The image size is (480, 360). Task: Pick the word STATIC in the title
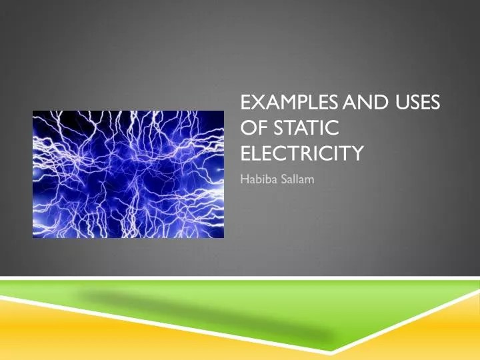pos(303,129)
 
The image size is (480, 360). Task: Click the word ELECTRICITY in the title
pos(301,154)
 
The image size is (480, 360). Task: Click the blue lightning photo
pos(128,173)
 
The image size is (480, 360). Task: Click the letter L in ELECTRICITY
pos(257,154)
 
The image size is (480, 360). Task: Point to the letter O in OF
pos(247,129)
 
